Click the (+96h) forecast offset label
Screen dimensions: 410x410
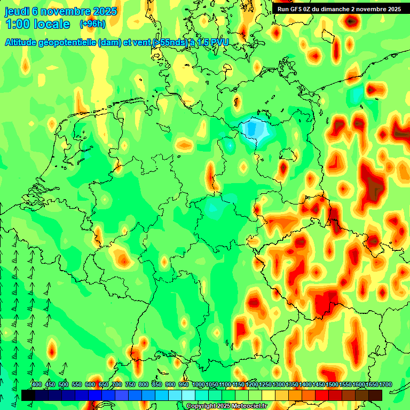(x=92, y=24)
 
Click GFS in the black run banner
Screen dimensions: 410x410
(x=296, y=9)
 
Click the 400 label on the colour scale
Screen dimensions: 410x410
(x=37, y=384)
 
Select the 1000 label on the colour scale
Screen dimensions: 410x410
(x=198, y=384)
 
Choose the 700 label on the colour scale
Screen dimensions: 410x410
(x=117, y=384)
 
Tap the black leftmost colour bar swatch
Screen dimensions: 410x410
(x=28, y=395)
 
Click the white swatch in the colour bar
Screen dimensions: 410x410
(x=188, y=395)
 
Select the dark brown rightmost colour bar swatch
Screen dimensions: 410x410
(x=375, y=395)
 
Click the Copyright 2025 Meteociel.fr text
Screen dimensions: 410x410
(x=226, y=406)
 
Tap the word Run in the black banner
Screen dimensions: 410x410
(x=283, y=9)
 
